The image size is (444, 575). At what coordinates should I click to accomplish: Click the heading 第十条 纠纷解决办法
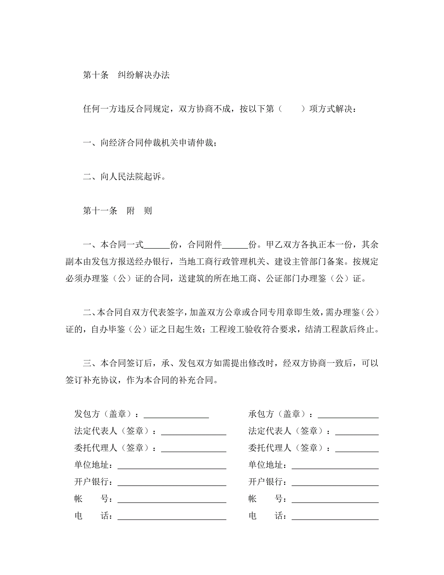click(x=126, y=75)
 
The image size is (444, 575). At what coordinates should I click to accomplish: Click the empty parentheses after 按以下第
click(x=292, y=109)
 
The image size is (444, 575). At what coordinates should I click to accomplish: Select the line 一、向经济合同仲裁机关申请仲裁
click(x=150, y=143)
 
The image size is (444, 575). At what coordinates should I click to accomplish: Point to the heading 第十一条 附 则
click(x=117, y=210)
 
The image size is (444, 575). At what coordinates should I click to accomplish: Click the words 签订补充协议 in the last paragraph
click(x=91, y=380)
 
